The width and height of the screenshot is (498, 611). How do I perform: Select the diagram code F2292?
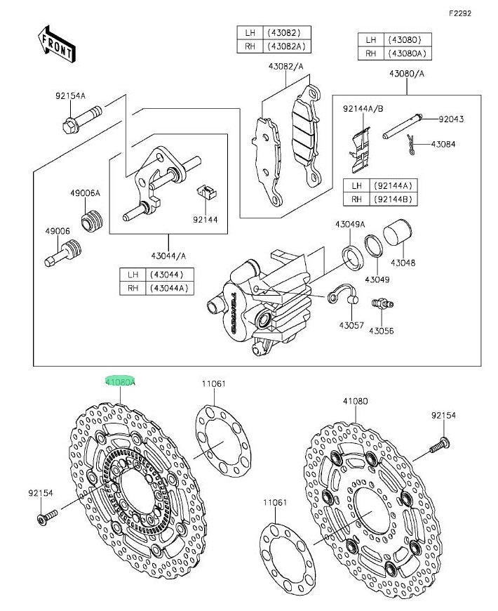461,13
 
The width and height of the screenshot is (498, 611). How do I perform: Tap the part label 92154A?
71,96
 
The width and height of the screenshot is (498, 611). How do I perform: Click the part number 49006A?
85,192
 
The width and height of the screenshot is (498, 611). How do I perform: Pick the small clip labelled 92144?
206,192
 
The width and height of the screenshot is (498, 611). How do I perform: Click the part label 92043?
451,120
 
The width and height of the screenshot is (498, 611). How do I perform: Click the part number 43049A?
351,224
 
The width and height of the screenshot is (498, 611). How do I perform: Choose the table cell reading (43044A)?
169,288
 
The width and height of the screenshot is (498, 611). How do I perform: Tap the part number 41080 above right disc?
356,401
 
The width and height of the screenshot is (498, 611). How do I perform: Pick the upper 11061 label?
214,383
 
